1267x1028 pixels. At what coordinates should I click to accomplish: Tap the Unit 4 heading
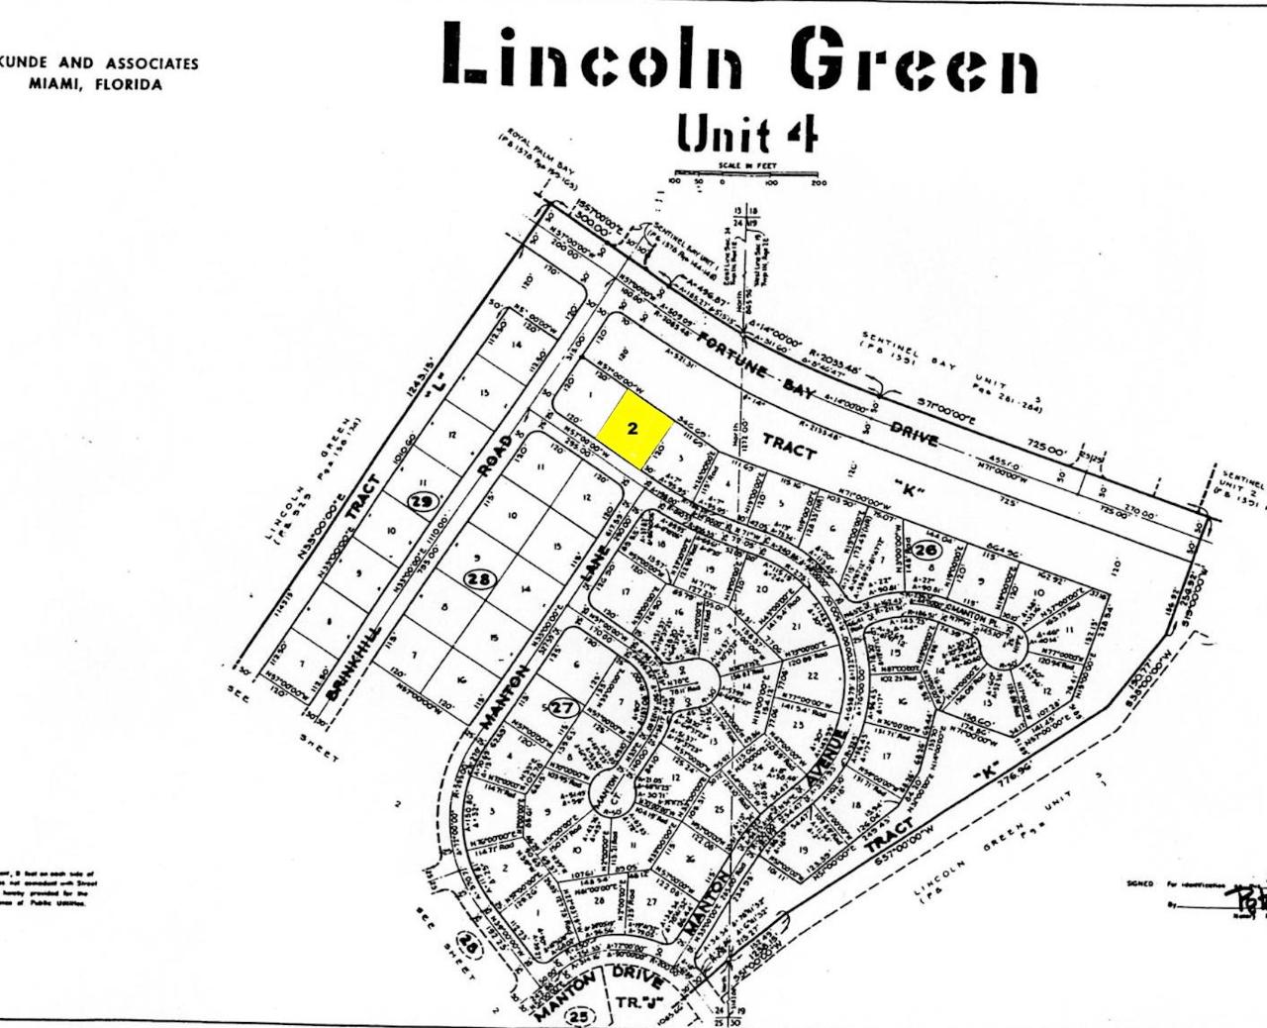[x=747, y=132]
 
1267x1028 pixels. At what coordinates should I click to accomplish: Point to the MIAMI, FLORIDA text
[x=95, y=84]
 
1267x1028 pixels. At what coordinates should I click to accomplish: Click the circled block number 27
[x=563, y=707]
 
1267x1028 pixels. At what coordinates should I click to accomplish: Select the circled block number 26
[x=927, y=548]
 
